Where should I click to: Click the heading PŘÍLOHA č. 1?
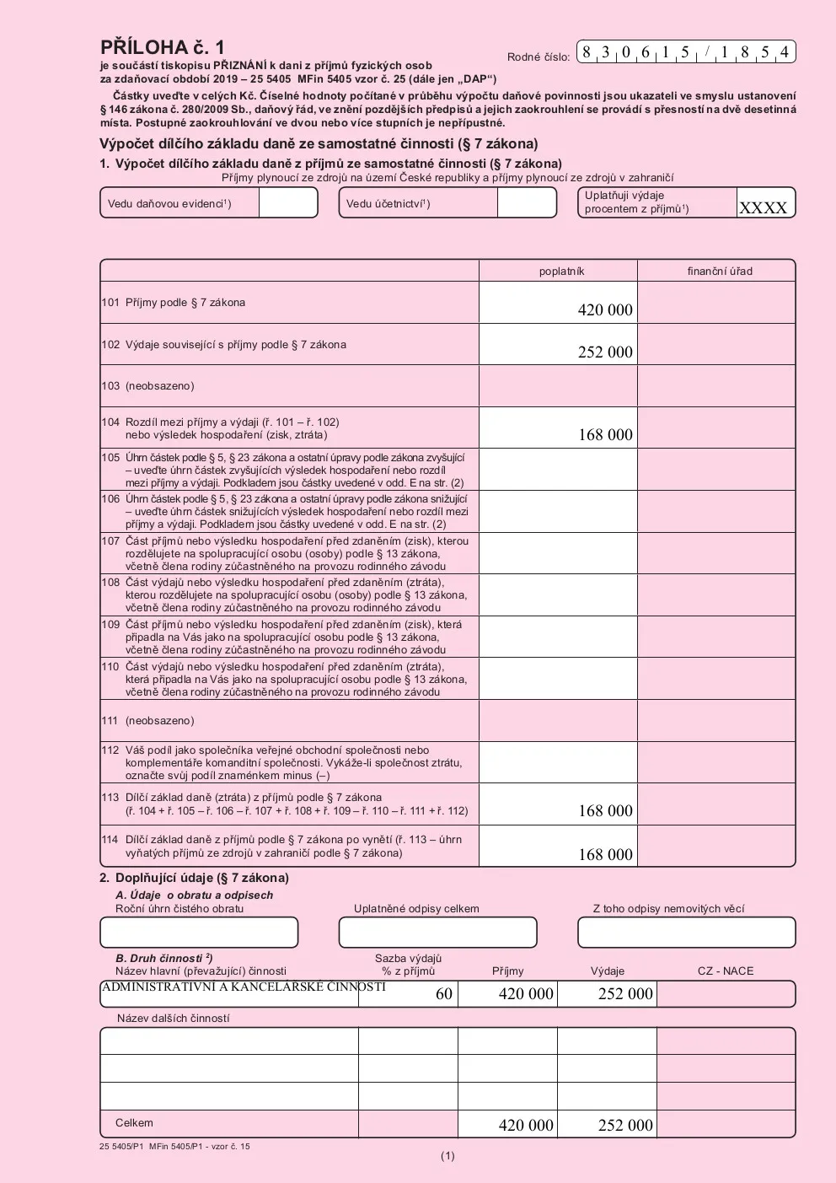click(162, 47)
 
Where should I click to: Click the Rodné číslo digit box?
click(686, 52)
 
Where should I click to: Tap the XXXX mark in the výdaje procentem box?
click(764, 207)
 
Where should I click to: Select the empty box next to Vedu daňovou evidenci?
click(287, 203)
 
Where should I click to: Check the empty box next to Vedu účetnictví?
click(526, 203)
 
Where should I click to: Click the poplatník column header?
click(561, 272)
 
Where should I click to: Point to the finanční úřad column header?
click(720, 272)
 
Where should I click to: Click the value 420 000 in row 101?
click(605, 309)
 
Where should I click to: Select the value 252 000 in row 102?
click(605, 352)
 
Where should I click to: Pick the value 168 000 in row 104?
click(605, 434)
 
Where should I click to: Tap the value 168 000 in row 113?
click(605, 810)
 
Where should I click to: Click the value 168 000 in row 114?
click(605, 854)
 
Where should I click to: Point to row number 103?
click(110, 386)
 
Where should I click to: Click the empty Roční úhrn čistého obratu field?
click(199, 933)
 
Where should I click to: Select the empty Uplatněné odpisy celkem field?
click(437, 933)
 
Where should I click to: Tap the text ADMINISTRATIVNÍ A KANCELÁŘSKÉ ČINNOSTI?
click(244, 987)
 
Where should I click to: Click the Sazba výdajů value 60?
click(444, 994)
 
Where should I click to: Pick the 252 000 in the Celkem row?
click(625, 1125)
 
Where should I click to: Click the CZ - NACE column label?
click(726, 971)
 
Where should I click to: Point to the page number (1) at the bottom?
click(447, 1156)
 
